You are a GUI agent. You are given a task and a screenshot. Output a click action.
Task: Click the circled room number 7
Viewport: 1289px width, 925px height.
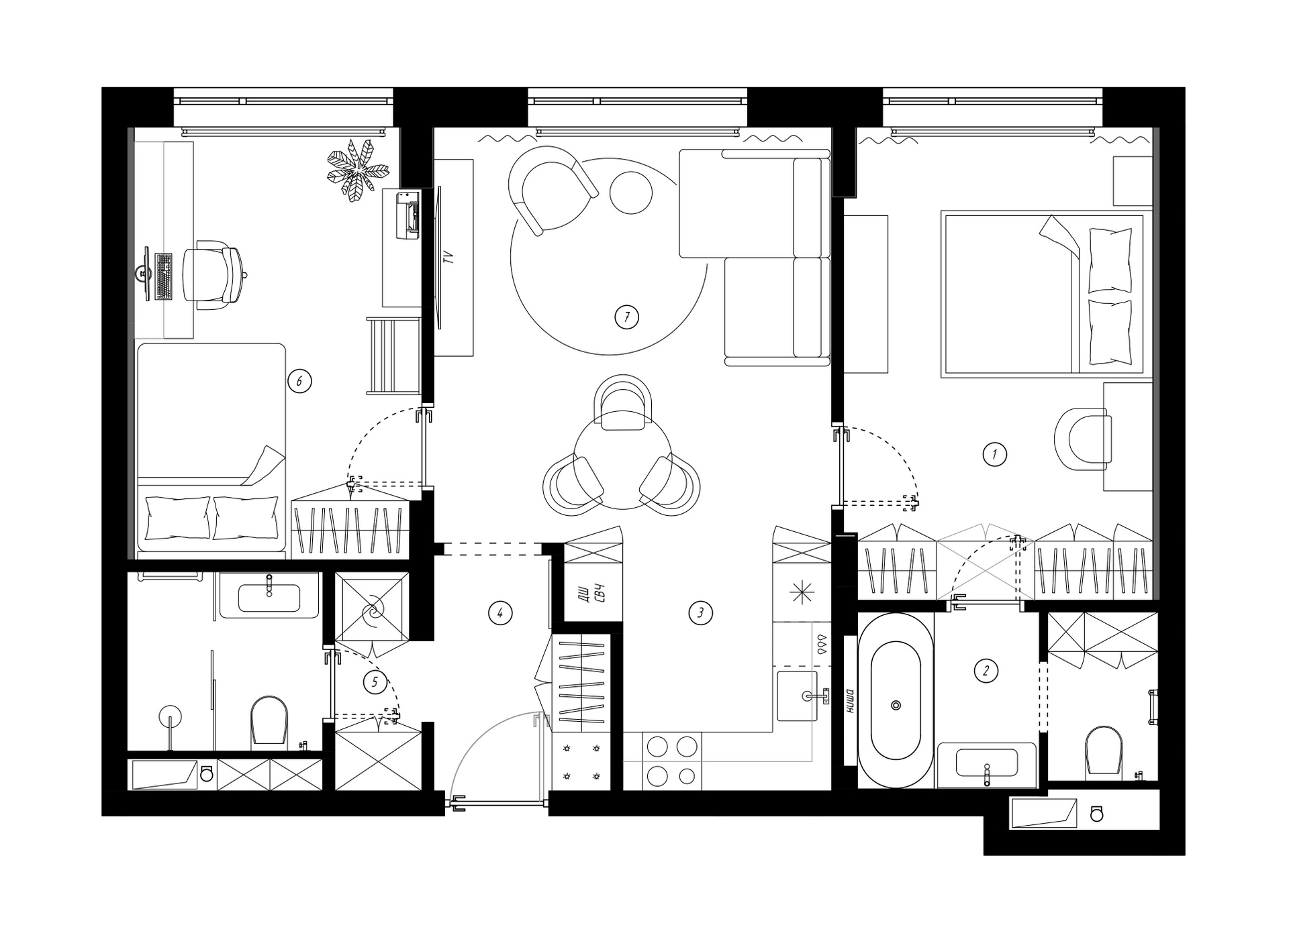tap(626, 317)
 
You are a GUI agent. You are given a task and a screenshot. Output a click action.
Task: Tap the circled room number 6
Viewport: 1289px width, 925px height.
tap(299, 382)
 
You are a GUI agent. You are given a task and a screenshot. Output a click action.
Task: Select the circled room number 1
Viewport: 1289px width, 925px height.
tap(994, 455)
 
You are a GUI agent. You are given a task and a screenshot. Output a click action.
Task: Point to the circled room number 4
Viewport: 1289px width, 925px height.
tap(500, 612)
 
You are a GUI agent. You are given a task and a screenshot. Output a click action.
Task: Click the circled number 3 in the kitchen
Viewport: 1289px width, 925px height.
tap(700, 612)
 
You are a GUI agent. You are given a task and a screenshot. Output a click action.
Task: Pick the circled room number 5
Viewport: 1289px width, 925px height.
tap(375, 683)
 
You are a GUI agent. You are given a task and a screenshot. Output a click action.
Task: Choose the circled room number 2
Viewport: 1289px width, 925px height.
tap(986, 670)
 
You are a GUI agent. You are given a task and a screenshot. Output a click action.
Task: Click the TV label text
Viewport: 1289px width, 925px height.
tap(449, 256)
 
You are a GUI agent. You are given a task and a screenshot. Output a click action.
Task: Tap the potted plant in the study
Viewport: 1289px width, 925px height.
tap(357, 170)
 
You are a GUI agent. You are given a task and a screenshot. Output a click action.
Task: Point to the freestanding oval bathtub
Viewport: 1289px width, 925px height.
tap(896, 701)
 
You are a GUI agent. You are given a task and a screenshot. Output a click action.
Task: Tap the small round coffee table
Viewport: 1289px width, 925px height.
tap(630, 193)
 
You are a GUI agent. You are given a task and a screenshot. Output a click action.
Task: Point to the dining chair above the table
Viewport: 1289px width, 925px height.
tap(623, 402)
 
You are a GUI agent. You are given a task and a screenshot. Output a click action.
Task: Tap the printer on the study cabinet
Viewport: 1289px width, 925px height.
tap(408, 214)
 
